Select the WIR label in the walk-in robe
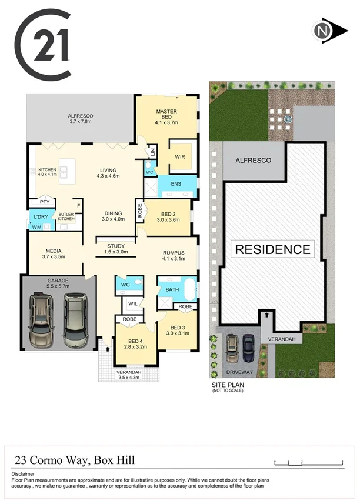click(x=181, y=157)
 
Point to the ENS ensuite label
click(x=175, y=185)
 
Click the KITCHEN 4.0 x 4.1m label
click(x=47, y=172)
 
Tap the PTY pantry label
click(x=44, y=202)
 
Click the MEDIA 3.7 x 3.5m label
click(x=54, y=253)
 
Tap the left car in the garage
click(x=42, y=321)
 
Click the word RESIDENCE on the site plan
click(x=272, y=249)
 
